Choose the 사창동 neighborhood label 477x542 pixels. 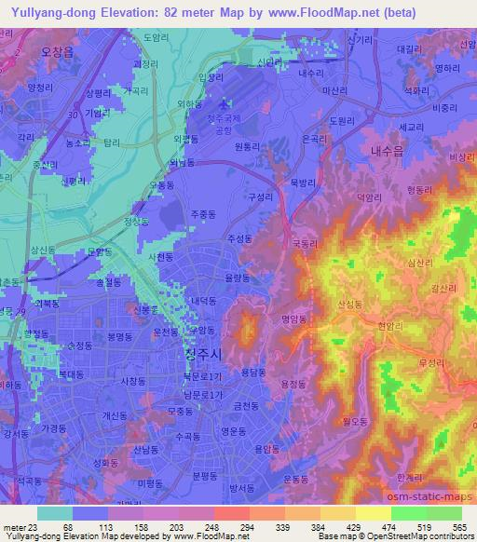coord(135,381)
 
